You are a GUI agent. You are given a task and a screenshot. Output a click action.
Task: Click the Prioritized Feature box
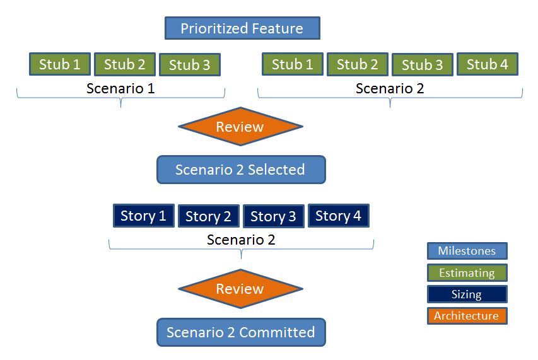(x=242, y=28)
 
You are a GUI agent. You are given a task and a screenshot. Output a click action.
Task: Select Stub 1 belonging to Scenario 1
(x=60, y=64)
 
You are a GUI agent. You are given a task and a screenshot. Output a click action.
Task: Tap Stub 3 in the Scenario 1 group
(x=189, y=65)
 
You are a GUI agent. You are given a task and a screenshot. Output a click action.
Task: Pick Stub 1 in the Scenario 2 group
(x=292, y=64)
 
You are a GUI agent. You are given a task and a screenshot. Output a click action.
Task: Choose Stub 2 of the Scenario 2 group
(x=357, y=64)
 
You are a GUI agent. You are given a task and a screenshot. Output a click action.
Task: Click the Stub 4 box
(x=487, y=64)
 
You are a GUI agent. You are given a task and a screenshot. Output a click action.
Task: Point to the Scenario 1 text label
(x=120, y=88)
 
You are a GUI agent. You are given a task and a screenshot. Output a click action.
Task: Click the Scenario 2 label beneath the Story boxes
(x=241, y=240)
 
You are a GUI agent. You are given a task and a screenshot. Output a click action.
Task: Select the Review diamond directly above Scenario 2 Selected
(x=240, y=127)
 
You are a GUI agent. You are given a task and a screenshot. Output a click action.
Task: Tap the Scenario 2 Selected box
(x=241, y=170)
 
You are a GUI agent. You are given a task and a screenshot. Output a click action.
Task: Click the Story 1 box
(x=143, y=216)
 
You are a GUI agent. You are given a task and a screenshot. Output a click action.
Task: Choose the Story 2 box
(x=208, y=217)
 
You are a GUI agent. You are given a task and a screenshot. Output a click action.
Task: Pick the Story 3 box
(x=273, y=217)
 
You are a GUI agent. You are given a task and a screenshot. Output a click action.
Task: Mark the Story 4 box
(x=338, y=216)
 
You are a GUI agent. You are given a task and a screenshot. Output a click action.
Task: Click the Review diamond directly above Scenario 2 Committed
(x=240, y=289)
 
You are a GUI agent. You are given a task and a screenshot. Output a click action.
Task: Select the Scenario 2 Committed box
(x=241, y=332)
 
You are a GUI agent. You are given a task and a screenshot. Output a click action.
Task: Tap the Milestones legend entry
(x=467, y=251)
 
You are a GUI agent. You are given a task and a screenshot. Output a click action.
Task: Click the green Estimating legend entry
(x=467, y=273)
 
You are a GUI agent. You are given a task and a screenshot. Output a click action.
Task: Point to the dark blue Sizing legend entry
(x=467, y=294)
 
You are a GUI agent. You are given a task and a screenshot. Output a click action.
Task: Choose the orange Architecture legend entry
(x=467, y=316)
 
